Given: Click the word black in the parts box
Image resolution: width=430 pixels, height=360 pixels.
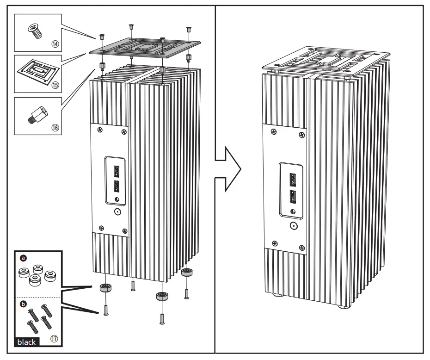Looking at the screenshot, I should point(26,342).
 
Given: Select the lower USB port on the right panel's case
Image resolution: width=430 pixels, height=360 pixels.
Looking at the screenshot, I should point(292,197).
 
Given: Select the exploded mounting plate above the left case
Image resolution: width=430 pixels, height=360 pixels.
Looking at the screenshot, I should point(146,47).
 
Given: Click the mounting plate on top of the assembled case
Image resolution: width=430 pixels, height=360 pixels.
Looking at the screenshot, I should point(324,59).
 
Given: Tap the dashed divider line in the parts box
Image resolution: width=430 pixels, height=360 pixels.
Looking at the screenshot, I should point(39,297).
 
